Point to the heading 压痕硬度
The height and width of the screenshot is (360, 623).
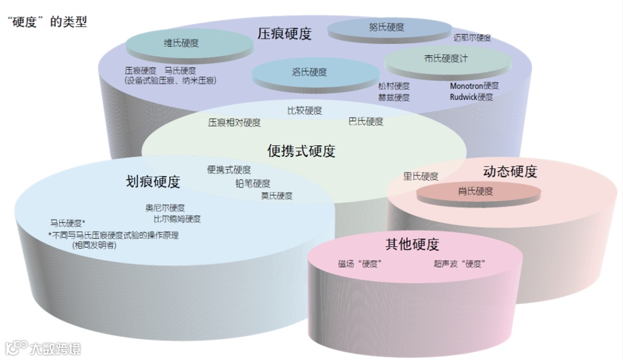284,34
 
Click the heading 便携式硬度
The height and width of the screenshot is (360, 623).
301,151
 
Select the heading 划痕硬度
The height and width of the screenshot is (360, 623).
153,182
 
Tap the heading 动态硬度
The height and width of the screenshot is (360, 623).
510,172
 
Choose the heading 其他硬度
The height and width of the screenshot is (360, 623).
412,245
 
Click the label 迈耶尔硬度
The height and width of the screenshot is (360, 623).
472,38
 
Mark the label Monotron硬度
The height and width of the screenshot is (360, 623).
474,86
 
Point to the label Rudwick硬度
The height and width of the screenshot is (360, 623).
471,97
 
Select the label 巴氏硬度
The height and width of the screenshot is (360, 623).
366,122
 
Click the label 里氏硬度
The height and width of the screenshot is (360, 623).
421,177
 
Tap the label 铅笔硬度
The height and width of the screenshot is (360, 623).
253,184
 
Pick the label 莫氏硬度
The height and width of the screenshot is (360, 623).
276,196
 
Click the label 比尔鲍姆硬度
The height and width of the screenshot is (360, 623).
177,219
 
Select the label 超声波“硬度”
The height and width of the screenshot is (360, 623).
459,264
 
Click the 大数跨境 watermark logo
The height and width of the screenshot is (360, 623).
43,348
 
